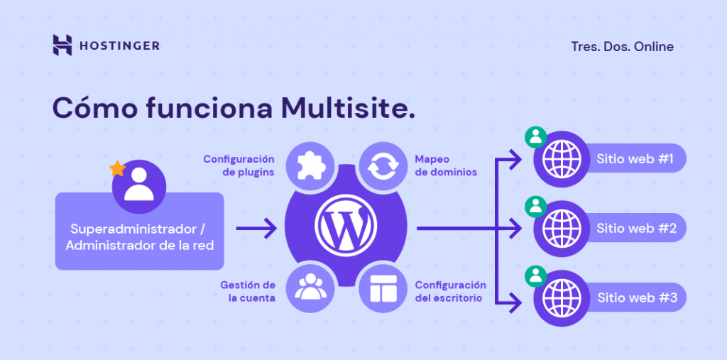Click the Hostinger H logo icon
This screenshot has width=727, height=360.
62,45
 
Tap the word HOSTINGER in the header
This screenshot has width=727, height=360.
119,46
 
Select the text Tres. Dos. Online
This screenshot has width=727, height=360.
622,47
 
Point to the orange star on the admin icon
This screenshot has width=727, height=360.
116,169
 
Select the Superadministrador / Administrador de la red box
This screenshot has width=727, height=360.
139,237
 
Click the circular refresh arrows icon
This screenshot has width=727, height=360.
383,166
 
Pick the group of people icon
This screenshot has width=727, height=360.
310,288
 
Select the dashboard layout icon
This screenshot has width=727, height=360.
382,288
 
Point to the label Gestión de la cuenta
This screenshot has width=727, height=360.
248,291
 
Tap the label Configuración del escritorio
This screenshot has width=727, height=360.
451,291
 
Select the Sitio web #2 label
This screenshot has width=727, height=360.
635,229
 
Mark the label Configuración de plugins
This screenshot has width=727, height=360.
239,165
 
